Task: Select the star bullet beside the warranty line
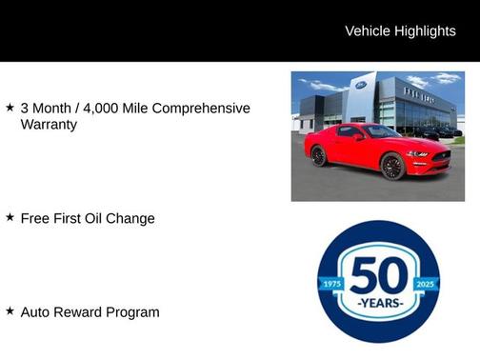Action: (10, 108)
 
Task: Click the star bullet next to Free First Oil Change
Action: (10, 217)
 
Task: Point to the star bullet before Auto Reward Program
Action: (10, 310)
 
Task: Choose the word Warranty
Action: (49, 125)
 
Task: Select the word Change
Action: (134, 218)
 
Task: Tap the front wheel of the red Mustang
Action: (391, 166)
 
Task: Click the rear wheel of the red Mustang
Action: (318, 155)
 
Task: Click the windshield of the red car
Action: (381, 131)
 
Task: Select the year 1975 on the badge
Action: (330, 284)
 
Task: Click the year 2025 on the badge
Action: (427, 284)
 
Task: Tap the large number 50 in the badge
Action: (379, 275)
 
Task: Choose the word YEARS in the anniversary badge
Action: (379, 304)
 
